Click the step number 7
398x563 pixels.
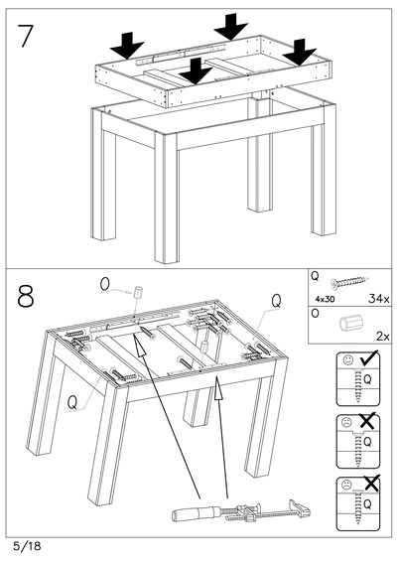(25, 36)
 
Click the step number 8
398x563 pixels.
(26, 296)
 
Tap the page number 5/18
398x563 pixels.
(27, 546)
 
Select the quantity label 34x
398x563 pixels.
(378, 298)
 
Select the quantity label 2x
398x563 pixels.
(383, 337)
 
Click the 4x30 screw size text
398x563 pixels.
(325, 299)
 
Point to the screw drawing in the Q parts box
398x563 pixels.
(349, 283)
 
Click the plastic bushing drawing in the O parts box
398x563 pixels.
(347, 324)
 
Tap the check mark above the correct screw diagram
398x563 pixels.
(369, 358)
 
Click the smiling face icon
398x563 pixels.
(347, 360)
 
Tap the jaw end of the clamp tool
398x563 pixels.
(300, 507)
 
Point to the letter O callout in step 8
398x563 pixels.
(105, 284)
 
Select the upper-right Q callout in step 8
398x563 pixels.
(276, 301)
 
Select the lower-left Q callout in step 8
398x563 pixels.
(72, 402)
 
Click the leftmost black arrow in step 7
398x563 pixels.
(127, 46)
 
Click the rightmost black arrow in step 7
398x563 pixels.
(300, 53)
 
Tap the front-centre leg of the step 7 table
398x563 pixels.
(167, 199)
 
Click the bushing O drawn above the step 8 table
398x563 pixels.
(137, 292)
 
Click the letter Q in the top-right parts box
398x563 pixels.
(315, 276)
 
